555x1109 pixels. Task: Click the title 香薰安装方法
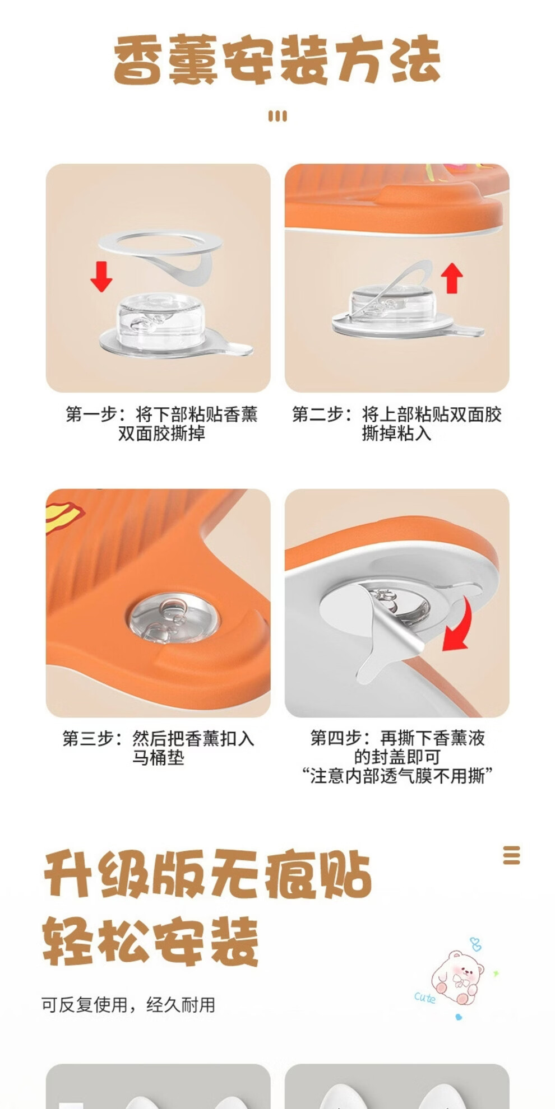pos(277,59)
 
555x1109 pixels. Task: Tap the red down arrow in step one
pos(101,276)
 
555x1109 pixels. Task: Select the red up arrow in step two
pos(451,278)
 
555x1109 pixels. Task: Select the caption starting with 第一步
pos(161,423)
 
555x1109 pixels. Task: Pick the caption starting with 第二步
pos(396,423)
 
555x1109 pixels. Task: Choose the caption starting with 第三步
pos(158,748)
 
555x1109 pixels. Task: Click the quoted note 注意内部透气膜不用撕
pos(397,776)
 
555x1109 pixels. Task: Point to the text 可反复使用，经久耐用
pos(128,1005)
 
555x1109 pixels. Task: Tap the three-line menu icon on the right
pos(511,855)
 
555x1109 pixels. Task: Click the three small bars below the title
pos(277,116)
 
